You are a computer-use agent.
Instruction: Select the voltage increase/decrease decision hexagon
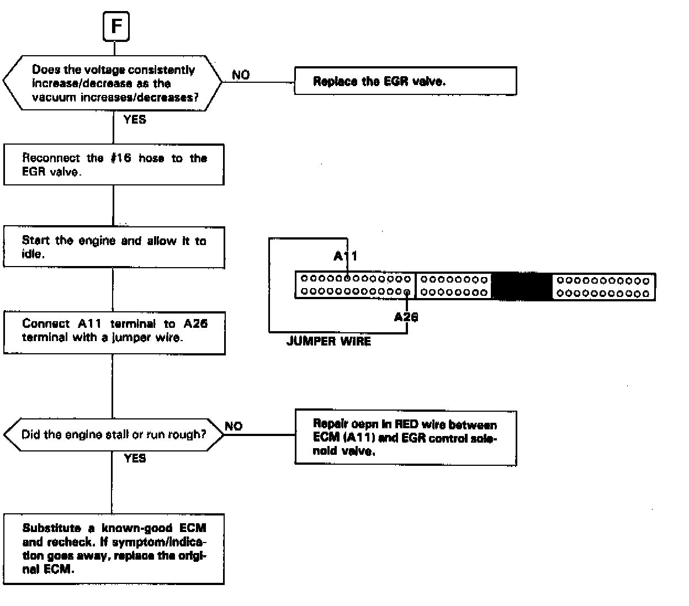113,84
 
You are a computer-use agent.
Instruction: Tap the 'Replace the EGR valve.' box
405,82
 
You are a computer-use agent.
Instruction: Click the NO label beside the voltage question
241,75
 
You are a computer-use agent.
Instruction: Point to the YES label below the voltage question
135,119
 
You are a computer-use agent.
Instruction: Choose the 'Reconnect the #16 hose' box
114,164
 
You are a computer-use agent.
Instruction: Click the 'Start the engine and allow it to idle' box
114,247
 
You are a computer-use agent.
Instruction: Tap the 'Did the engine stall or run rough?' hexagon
114,434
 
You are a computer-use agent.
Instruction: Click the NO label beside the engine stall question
234,426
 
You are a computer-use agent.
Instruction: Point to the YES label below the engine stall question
135,458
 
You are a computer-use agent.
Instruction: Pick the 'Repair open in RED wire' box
405,438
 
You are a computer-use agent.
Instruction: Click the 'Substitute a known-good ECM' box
114,549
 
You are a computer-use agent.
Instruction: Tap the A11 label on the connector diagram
346,256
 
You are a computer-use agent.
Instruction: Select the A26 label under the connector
406,317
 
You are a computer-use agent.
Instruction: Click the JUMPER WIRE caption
328,341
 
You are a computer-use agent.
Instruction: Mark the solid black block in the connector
521,286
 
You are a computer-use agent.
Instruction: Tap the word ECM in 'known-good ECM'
193,528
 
